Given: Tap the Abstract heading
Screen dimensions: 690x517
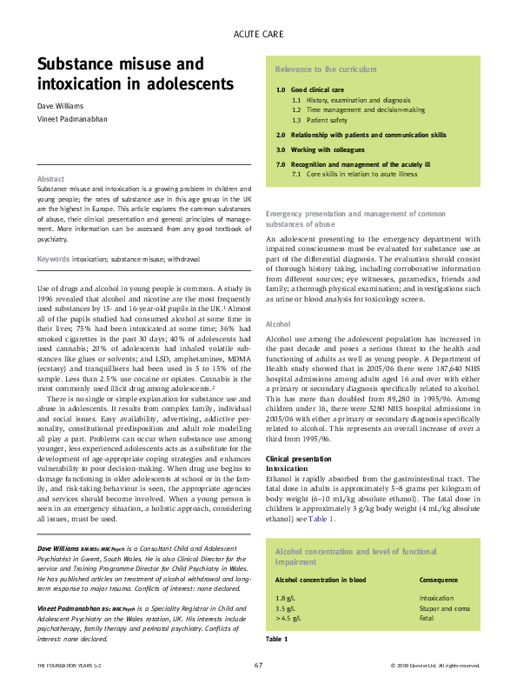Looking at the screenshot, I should pos(50,179).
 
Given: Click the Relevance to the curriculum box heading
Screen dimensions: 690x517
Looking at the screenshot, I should pos(314,68).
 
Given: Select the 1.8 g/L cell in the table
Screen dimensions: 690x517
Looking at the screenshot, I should pos(285,599).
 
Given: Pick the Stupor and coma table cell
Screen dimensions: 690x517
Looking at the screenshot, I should pos(445,608).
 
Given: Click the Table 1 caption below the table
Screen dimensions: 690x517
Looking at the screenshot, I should pos(276,639).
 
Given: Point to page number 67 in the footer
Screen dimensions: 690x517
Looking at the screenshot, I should pos(258,665).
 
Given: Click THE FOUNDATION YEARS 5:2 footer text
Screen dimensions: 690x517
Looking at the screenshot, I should pos(69,666).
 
